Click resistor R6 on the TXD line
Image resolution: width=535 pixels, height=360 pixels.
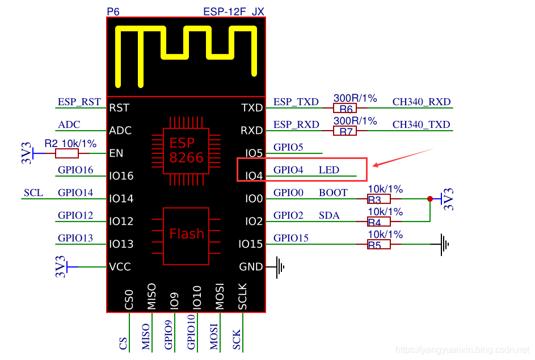click(x=345, y=108)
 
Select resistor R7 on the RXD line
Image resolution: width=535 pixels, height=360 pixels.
click(x=345, y=131)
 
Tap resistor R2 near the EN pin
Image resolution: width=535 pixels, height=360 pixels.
click(x=67, y=153)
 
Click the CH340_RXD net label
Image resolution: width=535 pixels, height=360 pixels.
click(x=421, y=102)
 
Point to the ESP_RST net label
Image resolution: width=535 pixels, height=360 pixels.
click(x=79, y=102)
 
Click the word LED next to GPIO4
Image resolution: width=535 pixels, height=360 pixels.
click(x=329, y=170)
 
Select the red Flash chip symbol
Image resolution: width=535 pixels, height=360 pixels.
click(x=187, y=234)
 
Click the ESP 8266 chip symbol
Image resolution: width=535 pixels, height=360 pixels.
click(x=186, y=150)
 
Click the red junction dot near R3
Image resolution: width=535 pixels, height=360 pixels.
click(x=429, y=199)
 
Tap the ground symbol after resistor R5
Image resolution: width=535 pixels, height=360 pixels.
click(x=444, y=244)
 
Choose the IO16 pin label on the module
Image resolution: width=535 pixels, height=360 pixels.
click(x=121, y=176)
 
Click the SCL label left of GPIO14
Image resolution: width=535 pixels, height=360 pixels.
click(x=33, y=193)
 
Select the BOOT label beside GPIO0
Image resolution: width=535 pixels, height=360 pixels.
click(x=333, y=193)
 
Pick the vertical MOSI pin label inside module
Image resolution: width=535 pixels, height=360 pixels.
click(x=220, y=296)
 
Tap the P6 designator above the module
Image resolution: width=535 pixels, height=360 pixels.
click(x=113, y=11)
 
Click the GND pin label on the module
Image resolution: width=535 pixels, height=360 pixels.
click(x=251, y=267)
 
